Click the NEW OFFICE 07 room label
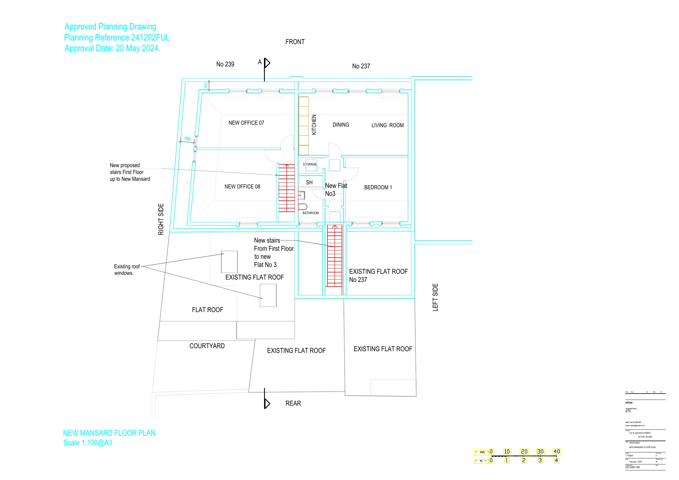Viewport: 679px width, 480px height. tap(246, 123)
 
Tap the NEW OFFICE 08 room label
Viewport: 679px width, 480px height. tap(242, 187)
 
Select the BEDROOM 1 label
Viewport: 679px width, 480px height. tap(378, 187)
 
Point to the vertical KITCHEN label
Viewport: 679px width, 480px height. tap(314, 124)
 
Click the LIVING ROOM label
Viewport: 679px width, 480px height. tap(387, 125)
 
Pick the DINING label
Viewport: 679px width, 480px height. tap(341, 125)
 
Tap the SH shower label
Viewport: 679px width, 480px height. tap(309, 182)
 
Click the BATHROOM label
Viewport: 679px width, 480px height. tap(311, 213)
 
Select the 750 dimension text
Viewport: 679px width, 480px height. tap(187, 139)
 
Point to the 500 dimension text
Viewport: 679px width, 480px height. tap(205, 86)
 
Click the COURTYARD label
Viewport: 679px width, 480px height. tap(207, 346)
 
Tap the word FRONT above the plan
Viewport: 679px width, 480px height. tap(295, 42)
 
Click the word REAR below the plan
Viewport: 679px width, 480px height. tap(293, 403)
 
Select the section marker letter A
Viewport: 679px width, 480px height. tap(260, 62)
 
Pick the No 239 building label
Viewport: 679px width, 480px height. tap(225, 64)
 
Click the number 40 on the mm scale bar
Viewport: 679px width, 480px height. tap(556, 451)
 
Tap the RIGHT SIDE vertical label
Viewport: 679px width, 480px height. tap(161, 219)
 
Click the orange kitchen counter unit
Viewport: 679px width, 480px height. tap(303, 126)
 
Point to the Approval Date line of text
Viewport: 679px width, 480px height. tap(112, 48)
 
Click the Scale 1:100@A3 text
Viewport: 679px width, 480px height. tap(88, 443)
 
